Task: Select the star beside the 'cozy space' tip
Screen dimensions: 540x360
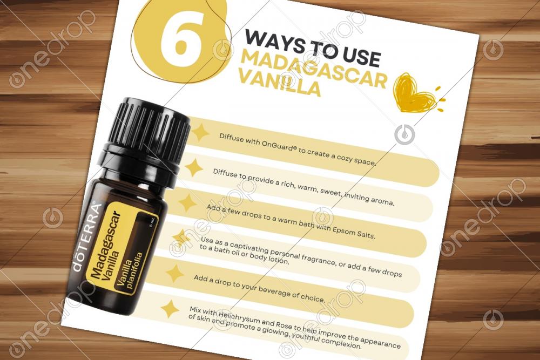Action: (x=199, y=133)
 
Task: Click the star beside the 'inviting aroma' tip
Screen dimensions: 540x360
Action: (x=193, y=167)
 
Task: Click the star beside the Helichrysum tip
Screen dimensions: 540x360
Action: (x=170, y=308)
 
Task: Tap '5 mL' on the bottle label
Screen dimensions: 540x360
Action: (x=153, y=222)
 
